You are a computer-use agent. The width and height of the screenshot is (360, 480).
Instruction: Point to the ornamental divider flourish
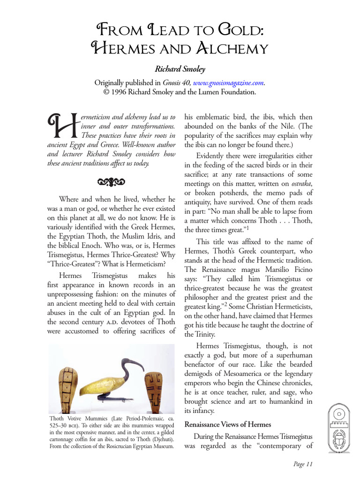point(112,181)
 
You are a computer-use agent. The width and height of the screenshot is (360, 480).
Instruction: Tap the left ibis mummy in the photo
point(66,384)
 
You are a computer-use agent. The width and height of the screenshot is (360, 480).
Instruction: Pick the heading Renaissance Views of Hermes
point(228,425)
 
